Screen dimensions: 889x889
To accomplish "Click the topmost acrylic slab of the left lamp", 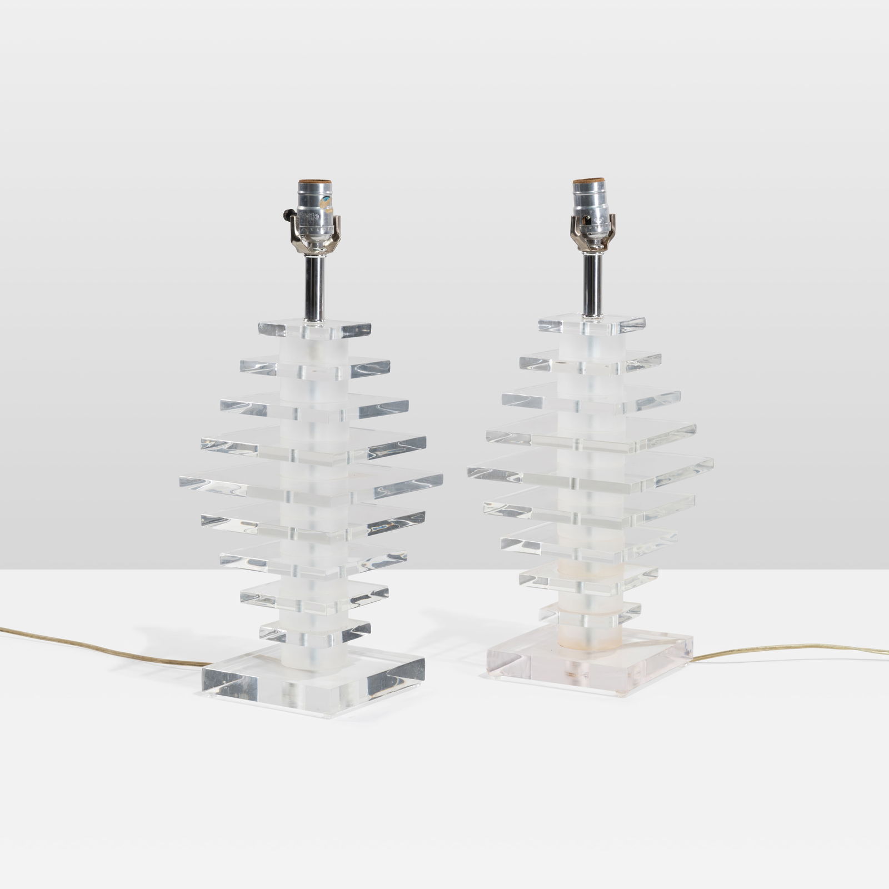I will (x=314, y=329).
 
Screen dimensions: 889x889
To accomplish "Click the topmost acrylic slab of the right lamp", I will (x=591, y=325).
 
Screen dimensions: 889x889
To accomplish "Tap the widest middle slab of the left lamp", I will (x=311, y=482).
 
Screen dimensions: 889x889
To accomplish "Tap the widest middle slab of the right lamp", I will (x=590, y=472).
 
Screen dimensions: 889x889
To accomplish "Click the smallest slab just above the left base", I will (x=314, y=631).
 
